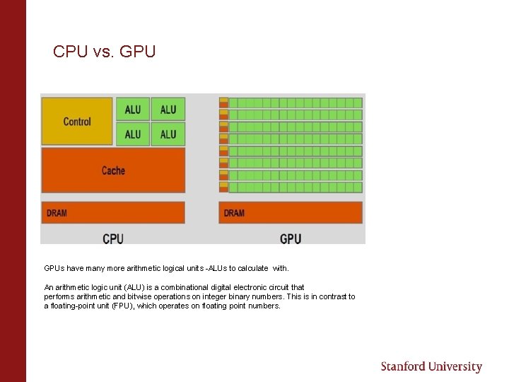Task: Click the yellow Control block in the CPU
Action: click(x=77, y=121)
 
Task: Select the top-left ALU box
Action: click(x=133, y=109)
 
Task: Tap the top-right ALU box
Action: click(x=168, y=109)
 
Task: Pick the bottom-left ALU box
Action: click(x=133, y=134)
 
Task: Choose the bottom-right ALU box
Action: click(x=168, y=134)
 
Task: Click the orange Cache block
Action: click(x=113, y=170)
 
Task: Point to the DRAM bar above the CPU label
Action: click(x=113, y=212)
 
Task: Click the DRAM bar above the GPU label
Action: click(x=291, y=212)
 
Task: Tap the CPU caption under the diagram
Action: click(x=113, y=238)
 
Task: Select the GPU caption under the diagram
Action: click(x=291, y=238)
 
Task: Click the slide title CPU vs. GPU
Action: click(x=104, y=52)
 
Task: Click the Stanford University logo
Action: click(x=431, y=366)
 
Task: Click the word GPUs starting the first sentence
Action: click(x=54, y=268)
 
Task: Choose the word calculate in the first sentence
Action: click(x=252, y=268)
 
